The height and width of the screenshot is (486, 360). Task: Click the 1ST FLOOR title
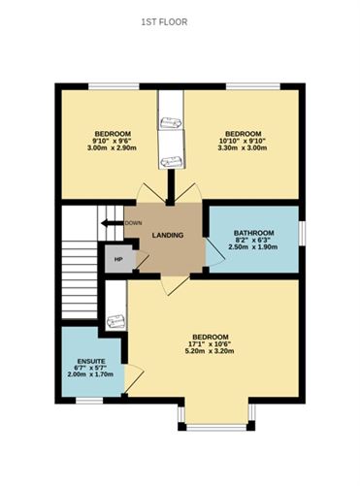(x=164, y=22)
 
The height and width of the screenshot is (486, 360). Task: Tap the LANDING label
(x=168, y=235)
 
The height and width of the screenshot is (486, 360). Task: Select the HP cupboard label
(x=118, y=259)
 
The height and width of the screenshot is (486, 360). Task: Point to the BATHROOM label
(x=254, y=233)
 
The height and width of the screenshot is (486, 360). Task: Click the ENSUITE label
(x=91, y=361)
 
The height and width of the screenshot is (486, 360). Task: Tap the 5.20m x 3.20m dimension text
(x=211, y=351)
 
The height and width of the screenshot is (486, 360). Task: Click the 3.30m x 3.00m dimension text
(x=243, y=147)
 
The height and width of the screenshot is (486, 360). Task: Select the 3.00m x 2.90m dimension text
(x=113, y=147)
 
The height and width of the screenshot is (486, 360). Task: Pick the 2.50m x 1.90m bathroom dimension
(x=253, y=247)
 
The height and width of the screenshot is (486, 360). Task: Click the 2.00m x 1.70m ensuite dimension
(x=90, y=374)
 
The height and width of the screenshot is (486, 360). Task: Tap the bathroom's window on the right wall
(x=302, y=233)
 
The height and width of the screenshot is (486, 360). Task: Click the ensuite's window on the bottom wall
(x=89, y=401)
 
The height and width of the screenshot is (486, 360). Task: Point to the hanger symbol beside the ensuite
(x=115, y=321)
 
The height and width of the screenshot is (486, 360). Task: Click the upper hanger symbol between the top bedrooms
(x=170, y=122)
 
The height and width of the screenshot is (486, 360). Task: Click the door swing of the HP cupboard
(x=142, y=260)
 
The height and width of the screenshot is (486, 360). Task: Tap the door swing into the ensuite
(x=134, y=378)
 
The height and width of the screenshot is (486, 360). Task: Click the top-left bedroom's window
(x=114, y=86)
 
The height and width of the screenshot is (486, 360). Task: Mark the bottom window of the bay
(x=216, y=428)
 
